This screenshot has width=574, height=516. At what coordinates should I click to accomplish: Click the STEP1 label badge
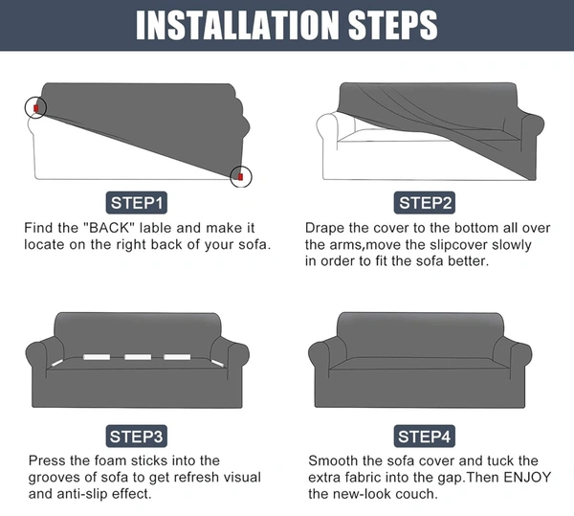click(x=136, y=203)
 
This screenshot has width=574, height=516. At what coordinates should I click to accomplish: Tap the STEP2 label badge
click(x=425, y=203)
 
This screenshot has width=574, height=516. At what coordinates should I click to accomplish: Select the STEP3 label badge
click(x=136, y=437)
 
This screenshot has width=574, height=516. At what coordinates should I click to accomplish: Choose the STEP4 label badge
click(x=425, y=437)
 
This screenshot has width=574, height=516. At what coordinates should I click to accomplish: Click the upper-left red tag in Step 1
click(x=36, y=108)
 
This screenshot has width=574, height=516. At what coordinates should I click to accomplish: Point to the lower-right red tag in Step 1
click(x=240, y=177)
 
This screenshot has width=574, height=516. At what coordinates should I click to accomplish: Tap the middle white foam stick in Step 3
click(x=138, y=357)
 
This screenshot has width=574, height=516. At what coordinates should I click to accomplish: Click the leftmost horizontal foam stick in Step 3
click(x=97, y=357)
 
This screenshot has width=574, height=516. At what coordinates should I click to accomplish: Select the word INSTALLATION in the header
click(x=237, y=25)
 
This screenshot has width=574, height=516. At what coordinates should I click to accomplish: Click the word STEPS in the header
click(x=393, y=25)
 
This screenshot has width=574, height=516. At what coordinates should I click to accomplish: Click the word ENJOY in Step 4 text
click(x=527, y=477)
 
